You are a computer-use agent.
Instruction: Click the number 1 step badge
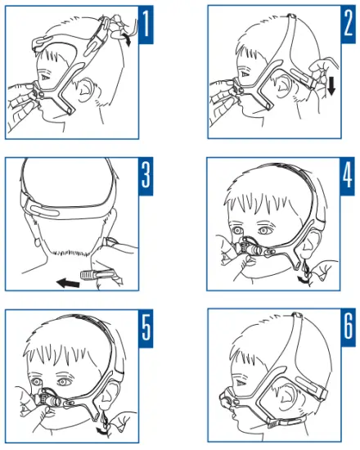(146, 25)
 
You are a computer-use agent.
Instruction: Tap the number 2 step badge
(348, 25)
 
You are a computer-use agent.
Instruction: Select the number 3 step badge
(146, 176)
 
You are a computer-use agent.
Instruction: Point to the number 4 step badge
(348, 176)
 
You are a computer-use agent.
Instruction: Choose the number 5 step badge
(146, 328)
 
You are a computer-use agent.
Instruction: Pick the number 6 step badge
(348, 328)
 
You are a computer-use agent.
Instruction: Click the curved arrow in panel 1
(127, 39)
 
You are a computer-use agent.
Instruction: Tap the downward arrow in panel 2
(331, 86)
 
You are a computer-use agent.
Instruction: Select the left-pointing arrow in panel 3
(68, 283)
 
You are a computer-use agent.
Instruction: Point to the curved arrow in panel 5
(103, 430)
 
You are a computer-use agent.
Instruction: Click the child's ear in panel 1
(85, 90)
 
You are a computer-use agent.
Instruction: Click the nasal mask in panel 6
(227, 398)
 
